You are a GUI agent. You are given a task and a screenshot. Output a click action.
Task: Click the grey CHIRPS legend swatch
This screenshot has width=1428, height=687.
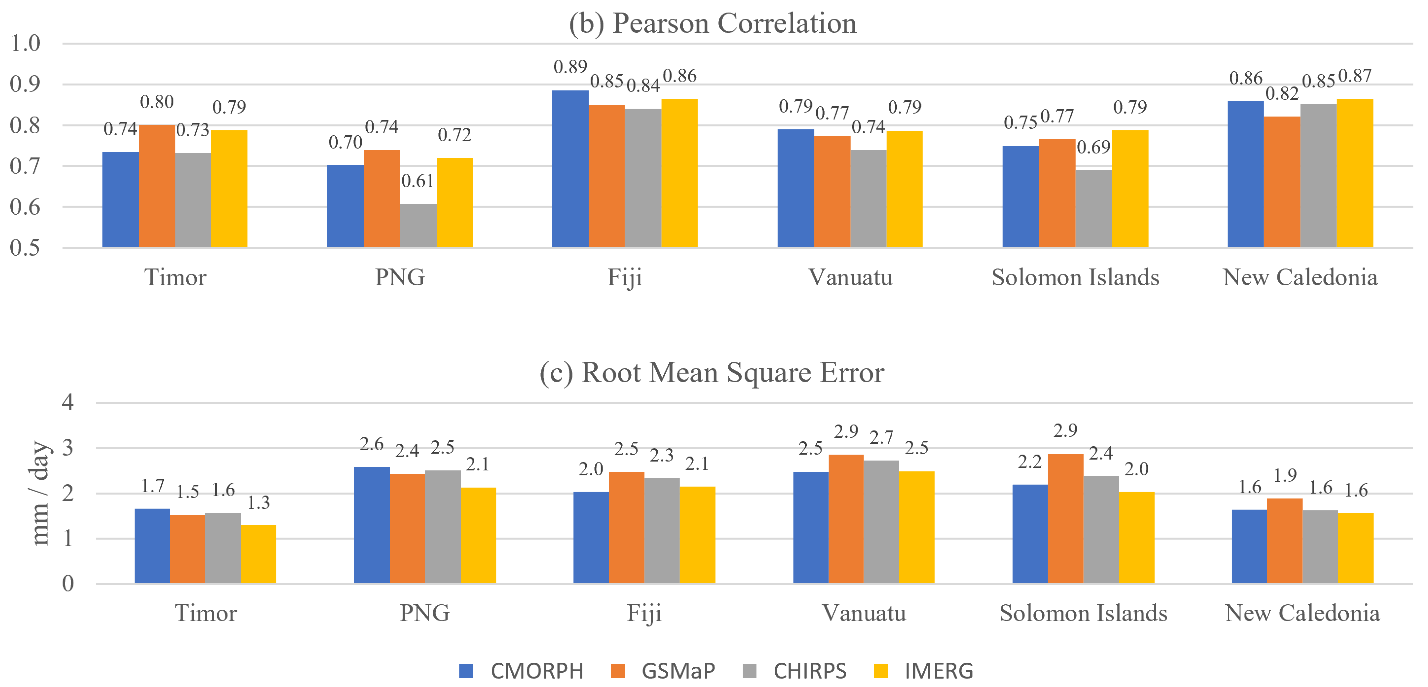[x=750, y=671]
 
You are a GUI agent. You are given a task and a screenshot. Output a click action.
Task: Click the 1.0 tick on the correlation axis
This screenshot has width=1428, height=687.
[x=26, y=43]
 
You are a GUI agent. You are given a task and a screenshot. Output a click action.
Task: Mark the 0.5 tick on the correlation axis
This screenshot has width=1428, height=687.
[x=26, y=248]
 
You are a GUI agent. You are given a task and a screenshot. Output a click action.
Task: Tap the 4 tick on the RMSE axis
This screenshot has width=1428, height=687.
[x=68, y=402]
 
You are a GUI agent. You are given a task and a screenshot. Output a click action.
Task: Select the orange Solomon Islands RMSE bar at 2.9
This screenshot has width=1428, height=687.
[x=1065, y=518]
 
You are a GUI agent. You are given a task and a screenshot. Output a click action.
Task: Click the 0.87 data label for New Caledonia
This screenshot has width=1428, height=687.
[x=1355, y=75]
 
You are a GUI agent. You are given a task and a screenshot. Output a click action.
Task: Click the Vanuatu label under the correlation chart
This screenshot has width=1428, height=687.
[x=850, y=277]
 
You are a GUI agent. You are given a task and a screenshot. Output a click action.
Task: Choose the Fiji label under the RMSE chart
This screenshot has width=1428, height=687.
[x=644, y=613]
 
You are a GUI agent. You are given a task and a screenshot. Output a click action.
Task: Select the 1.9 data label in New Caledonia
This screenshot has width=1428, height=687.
[x=1285, y=475]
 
